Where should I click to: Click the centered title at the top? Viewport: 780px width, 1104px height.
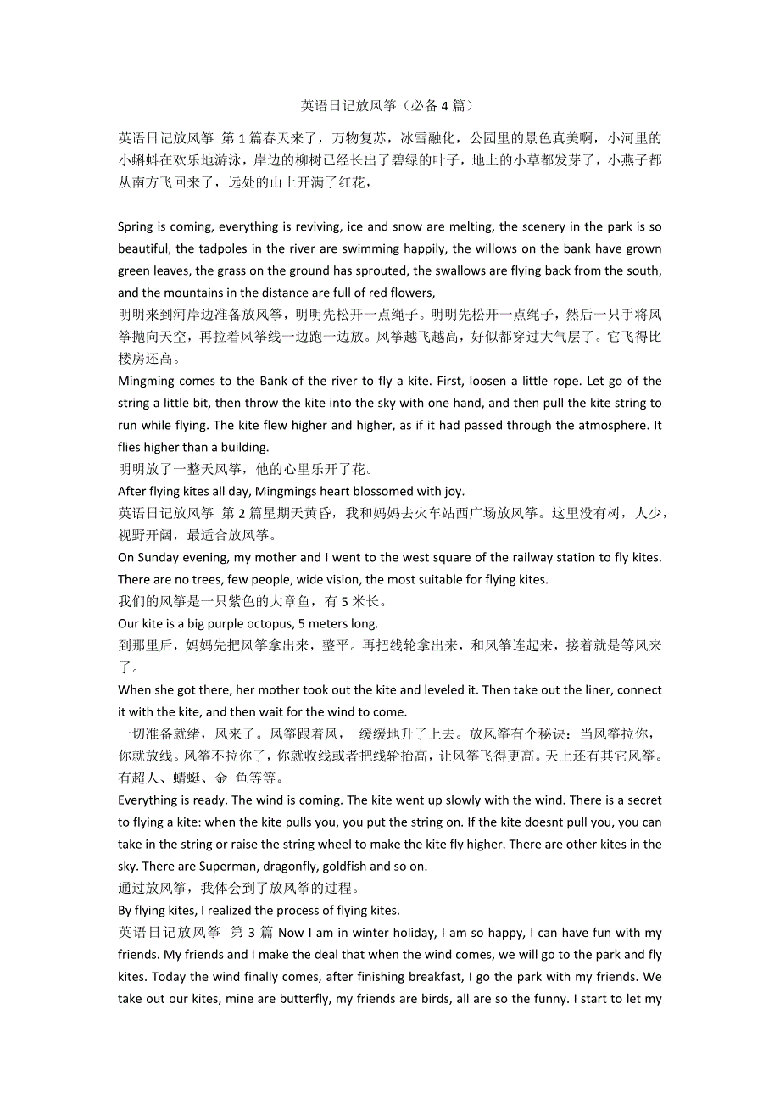click(387, 106)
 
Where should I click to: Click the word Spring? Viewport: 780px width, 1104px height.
click(136, 227)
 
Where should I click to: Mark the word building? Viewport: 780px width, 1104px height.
click(243, 448)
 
